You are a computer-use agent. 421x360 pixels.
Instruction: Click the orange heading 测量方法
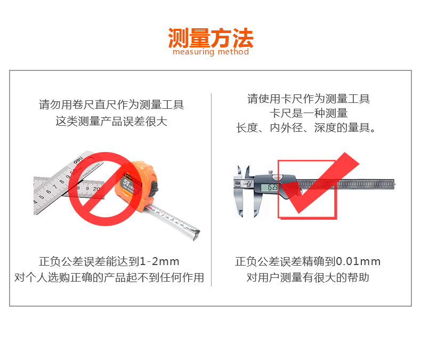(x=211, y=38)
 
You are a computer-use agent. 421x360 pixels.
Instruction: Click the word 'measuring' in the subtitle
(x=193, y=51)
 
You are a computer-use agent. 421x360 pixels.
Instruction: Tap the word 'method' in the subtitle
(x=233, y=51)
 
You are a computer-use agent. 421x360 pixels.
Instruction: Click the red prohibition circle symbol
(x=106, y=189)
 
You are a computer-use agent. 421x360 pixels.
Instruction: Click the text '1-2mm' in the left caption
(x=159, y=261)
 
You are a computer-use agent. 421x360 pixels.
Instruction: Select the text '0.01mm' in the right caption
(x=358, y=261)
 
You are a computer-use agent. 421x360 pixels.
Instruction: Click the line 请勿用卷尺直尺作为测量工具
(x=111, y=105)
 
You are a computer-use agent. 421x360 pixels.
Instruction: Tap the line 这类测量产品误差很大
(x=111, y=121)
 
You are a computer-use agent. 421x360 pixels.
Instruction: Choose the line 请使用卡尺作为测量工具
(x=309, y=99)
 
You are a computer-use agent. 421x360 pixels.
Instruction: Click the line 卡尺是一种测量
(x=309, y=113)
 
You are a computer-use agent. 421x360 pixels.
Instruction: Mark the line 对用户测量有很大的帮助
(x=308, y=277)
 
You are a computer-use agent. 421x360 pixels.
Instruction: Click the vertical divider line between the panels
(x=212, y=190)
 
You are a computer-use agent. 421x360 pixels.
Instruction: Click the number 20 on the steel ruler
(x=96, y=189)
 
